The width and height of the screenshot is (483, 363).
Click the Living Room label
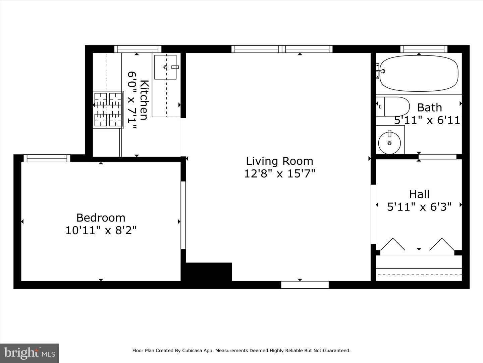(279, 161)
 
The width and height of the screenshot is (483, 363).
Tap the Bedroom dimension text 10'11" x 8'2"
(101, 231)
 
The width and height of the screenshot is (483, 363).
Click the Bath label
(429, 108)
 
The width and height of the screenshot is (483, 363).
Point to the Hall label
(419, 194)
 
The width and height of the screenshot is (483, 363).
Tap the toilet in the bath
(392, 107)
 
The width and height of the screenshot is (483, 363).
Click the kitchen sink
(165, 67)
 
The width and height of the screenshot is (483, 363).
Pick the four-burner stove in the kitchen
(108, 110)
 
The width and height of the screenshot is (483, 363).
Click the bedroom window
(47, 158)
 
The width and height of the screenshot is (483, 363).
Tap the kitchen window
(138, 49)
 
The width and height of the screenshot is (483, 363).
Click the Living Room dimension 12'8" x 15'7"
(279, 174)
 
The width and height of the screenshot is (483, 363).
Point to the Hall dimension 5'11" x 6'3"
(419, 207)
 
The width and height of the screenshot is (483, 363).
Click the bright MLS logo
(30, 353)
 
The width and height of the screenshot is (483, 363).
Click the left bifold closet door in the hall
(392, 244)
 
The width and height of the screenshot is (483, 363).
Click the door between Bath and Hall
(437, 157)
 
